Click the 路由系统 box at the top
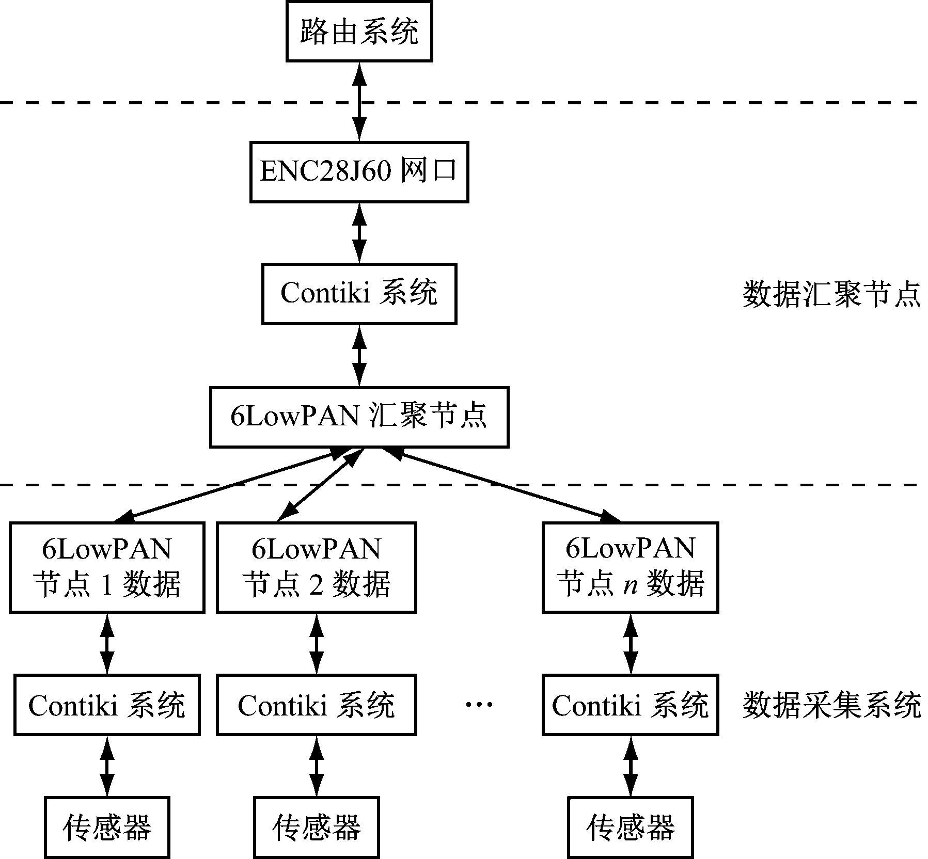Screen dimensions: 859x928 click(359, 32)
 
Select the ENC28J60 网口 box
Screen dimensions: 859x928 click(359, 171)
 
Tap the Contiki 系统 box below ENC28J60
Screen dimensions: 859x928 click(359, 294)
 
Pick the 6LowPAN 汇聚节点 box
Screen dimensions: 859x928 click(359, 417)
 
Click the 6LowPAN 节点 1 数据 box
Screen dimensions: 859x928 click(107, 567)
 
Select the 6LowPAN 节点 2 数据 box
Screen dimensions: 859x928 click(316, 567)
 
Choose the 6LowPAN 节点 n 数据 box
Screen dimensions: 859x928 click(630, 567)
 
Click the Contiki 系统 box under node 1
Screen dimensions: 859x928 click(107, 705)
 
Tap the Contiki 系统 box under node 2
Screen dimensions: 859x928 click(316, 705)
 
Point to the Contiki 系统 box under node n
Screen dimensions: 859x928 click(630, 705)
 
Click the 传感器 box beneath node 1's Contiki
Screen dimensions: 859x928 click(107, 828)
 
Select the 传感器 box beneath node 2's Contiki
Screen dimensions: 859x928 click(316, 828)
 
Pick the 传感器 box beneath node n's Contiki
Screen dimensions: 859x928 click(630, 828)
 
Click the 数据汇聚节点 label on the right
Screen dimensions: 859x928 click(831, 295)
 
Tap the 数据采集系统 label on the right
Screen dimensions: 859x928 click(831, 705)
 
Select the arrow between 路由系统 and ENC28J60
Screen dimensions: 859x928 click(359, 101)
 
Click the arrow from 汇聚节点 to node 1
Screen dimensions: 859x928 click(232, 484)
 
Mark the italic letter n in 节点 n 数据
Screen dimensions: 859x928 click(630, 585)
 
